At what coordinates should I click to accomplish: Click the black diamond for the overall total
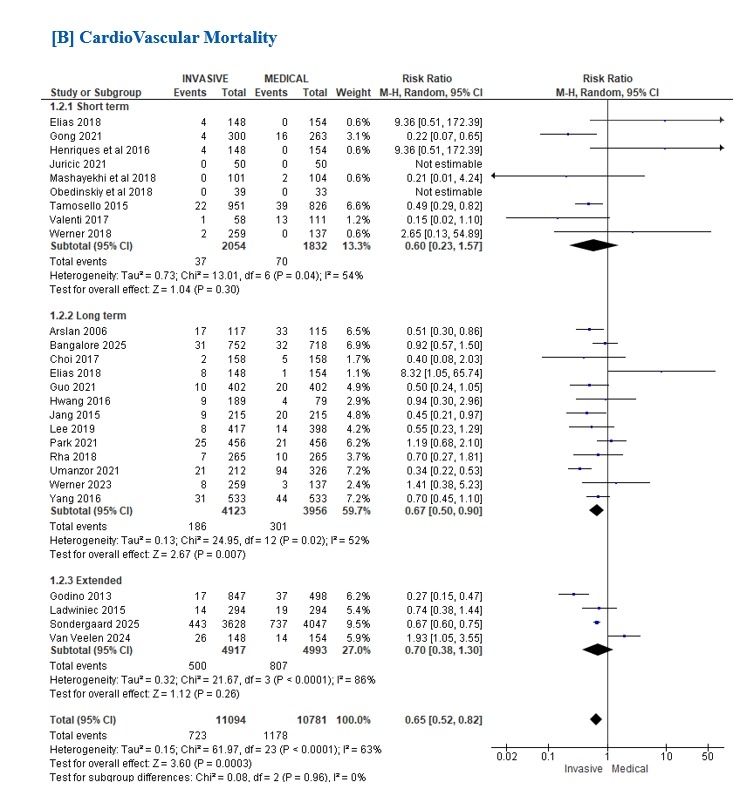pos(596,718)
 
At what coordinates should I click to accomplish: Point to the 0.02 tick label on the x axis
pos(506,756)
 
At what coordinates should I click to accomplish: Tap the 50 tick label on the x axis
pos(707,756)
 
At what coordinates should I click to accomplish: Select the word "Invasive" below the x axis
pos(585,769)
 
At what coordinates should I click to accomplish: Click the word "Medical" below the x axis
pos(632,769)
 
